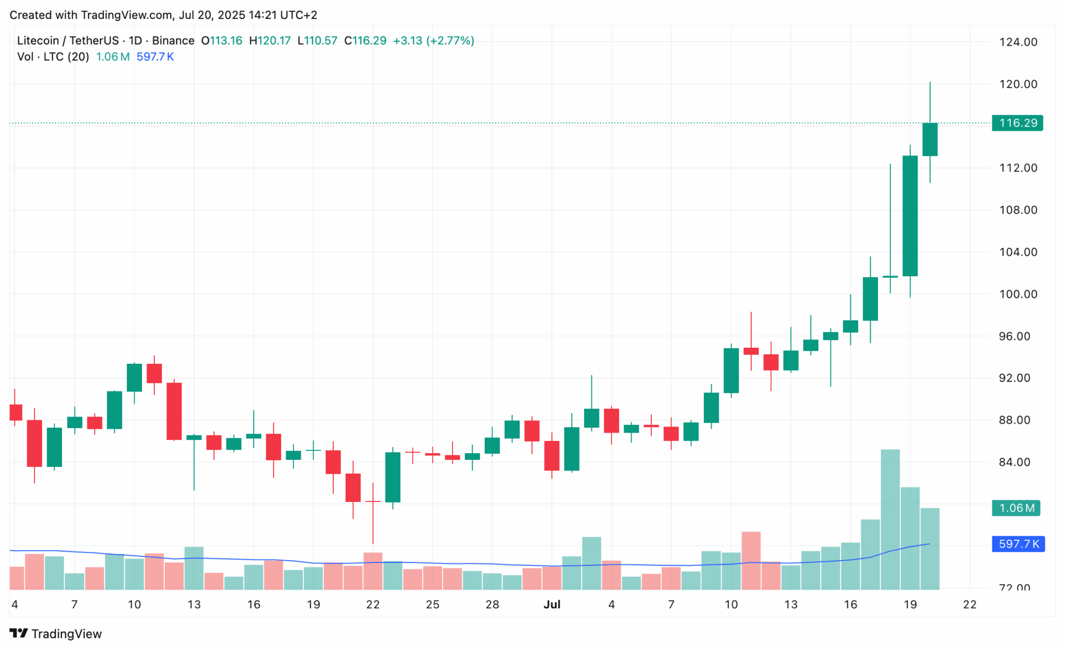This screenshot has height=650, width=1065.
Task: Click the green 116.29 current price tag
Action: click(1017, 123)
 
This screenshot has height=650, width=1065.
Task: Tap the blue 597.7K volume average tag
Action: click(1018, 544)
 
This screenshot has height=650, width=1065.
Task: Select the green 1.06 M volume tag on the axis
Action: click(1016, 508)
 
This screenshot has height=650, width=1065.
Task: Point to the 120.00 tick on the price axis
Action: click(1018, 84)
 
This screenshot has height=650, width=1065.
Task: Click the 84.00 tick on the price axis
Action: click(1018, 462)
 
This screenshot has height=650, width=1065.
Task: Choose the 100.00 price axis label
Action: click(1018, 294)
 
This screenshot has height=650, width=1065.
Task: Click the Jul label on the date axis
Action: click(552, 605)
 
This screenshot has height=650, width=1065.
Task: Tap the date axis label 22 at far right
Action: click(970, 605)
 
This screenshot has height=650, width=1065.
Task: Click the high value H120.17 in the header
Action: click(270, 40)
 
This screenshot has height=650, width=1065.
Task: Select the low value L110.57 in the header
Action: click(317, 40)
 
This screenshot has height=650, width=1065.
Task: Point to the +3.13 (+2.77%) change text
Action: click(433, 40)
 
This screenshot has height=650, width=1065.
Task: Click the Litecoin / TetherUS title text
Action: click(68, 40)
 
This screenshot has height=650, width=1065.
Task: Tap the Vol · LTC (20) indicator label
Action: click(53, 57)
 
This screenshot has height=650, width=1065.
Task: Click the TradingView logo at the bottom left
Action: click(55, 633)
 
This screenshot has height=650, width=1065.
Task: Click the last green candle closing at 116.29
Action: click(930, 140)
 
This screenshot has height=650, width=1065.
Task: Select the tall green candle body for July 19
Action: click(910, 216)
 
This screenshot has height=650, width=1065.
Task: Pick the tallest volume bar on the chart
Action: click(890, 519)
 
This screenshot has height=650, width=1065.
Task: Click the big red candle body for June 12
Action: click(174, 411)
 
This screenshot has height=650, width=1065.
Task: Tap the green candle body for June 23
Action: click(393, 477)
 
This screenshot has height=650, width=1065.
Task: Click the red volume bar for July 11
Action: click(751, 560)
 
